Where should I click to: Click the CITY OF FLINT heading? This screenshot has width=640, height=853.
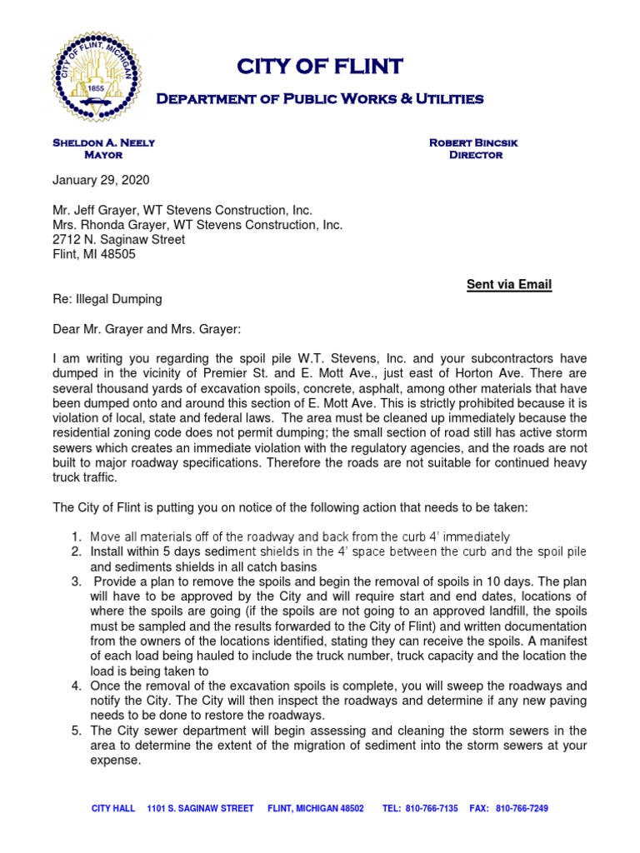pyautogui.click(x=320, y=66)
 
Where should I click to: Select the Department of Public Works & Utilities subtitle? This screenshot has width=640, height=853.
pyautogui.click(x=320, y=99)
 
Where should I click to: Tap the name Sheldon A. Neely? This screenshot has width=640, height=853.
pyautogui.click(x=103, y=142)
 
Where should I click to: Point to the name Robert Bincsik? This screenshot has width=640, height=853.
pyautogui.click(x=473, y=142)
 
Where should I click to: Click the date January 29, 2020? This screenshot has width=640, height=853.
pyautogui.click(x=102, y=180)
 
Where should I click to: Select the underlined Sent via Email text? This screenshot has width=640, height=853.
pyautogui.click(x=508, y=285)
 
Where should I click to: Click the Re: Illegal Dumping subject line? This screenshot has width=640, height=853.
pyautogui.click(x=107, y=299)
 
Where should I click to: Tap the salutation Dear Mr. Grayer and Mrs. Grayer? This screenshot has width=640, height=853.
pyautogui.click(x=147, y=329)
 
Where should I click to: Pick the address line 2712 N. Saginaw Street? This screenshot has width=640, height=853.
pyautogui.click(x=119, y=240)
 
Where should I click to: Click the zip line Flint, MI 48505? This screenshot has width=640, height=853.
pyautogui.click(x=94, y=255)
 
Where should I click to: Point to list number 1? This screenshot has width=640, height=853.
pyautogui.click(x=75, y=536)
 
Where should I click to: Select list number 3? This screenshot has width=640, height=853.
pyautogui.click(x=75, y=581)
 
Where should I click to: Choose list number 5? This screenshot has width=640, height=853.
pyautogui.click(x=75, y=731)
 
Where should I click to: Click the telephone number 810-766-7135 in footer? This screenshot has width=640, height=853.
pyautogui.click(x=431, y=808)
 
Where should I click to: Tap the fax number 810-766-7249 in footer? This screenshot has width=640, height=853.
pyautogui.click(x=522, y=808)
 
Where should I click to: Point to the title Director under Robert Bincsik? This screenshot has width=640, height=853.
pyautogui.click(x=475, y=155)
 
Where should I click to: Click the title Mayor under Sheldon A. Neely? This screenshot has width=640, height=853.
pyautogui.click(x=103, y=155)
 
